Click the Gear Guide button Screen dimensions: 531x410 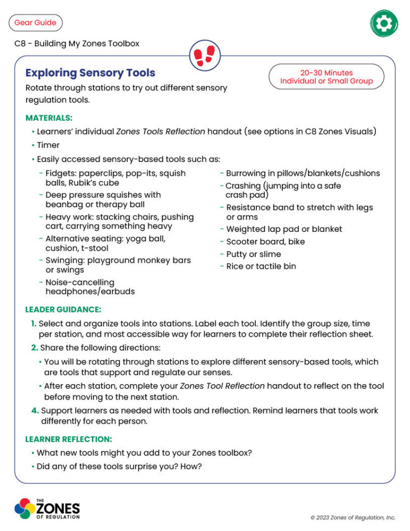click(35, 22)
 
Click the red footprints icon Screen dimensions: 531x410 click(204, 54)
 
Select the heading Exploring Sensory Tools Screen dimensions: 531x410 click(90, 73)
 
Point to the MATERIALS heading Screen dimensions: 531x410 click(49, 118)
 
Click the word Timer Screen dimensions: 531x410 click(48, 145)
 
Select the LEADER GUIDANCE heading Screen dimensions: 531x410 click(63, 309)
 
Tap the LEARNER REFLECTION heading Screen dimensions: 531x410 click(68, 439)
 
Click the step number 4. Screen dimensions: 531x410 click(34, 410)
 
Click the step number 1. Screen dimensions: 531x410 click(34, 324)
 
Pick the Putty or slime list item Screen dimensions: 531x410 click(253, 254)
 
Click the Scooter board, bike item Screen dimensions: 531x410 click(265, 241)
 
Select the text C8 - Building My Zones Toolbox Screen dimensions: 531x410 click(77, 43)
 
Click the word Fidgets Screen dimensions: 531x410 click(60, 173)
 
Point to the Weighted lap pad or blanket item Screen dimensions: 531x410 click(284, 229)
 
